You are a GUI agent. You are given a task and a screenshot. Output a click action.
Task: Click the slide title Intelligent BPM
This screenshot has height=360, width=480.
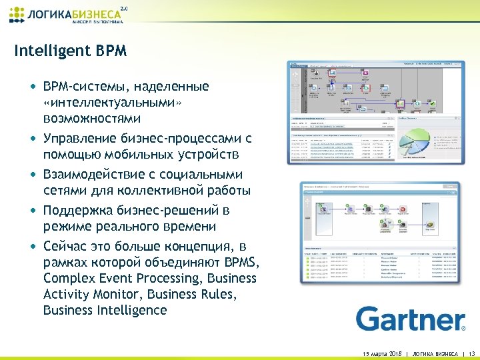click(70, 51)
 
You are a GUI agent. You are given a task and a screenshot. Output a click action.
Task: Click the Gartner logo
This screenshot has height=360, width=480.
click(410, 319)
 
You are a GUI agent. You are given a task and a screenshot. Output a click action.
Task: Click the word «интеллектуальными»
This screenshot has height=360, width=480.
click(111, 103)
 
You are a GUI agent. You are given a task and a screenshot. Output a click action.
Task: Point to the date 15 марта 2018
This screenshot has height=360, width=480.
click(377, 353)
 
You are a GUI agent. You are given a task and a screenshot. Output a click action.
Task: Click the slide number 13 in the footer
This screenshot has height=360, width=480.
click(471, 353)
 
